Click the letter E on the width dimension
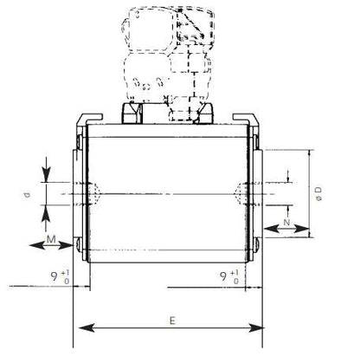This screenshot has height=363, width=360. [173, 320]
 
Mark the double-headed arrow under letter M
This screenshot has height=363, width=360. [52, 245]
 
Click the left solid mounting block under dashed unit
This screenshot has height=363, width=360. [131, 113]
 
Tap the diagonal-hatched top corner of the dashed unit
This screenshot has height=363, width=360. [191, 25]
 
